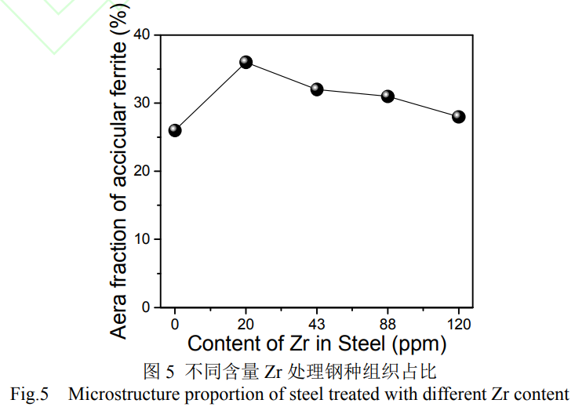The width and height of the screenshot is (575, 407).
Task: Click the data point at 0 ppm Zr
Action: pos(175,130)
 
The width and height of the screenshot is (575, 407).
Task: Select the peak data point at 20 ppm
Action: pos(246,62)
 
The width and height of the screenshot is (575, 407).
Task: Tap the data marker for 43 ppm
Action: pos(317,89)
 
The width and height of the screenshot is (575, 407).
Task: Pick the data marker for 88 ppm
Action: pos(388,96)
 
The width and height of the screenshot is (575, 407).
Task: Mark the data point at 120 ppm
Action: pos(459,117)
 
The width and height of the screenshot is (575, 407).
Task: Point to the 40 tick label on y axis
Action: pos(142,35)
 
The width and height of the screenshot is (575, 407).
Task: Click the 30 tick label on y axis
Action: pos(142,103)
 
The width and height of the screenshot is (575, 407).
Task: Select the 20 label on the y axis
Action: pos(142,171)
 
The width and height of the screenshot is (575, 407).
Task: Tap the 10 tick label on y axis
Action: pos(142,239)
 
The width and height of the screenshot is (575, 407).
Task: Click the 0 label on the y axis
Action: pos(146,307)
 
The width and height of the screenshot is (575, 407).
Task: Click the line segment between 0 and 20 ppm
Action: pos(210,96)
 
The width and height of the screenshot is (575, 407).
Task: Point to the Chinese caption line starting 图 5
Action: pos(289,369)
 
